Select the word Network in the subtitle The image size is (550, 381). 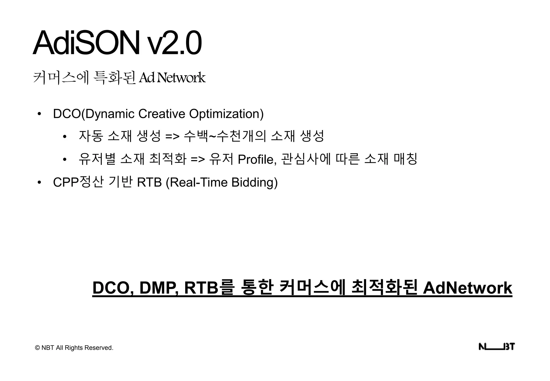(x=181, y=78)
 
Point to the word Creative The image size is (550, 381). (x=162, y=114)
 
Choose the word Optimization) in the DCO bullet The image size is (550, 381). (x=226, y=114)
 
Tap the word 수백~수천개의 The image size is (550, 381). (x=225, y=136)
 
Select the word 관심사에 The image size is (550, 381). (x=306, y=159)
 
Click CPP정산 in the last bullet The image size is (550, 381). (x=78, y=182)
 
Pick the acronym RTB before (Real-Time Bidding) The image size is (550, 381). (x=149, y=182)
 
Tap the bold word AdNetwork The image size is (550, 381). (x=468, y=288)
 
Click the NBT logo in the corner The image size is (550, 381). (x=497, y=347)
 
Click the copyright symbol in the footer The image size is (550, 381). (x=37, y=348)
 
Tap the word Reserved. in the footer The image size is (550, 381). (x=99, y=348)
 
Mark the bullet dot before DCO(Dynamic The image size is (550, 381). (x=39, y=114)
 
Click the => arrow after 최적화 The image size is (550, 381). (x=198, y=160)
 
